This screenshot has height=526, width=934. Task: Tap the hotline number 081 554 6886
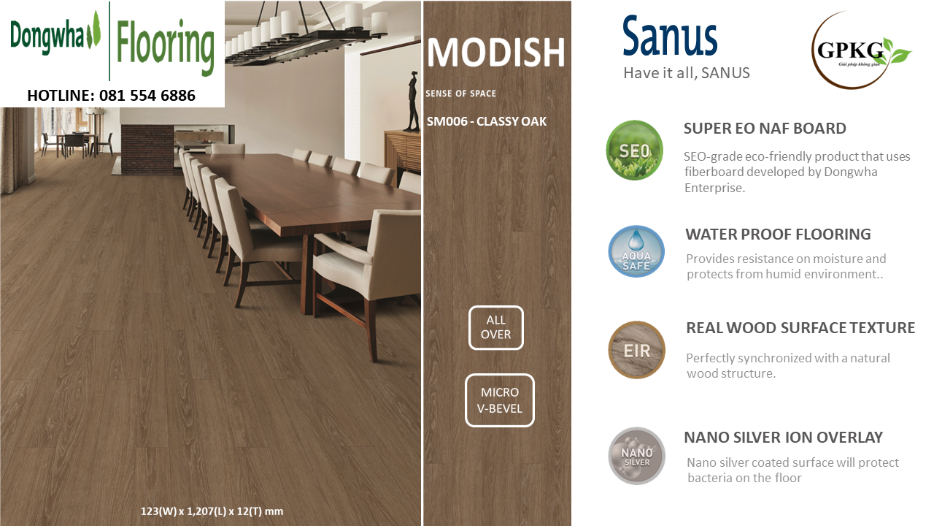point(147,96)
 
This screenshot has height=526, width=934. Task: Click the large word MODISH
point(495,53)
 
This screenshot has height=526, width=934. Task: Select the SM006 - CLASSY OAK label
point(486,121)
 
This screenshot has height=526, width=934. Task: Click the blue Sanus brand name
point(670,37)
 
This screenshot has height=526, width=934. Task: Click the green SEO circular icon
point(634,150)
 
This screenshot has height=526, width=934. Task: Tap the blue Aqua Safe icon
point(636,251)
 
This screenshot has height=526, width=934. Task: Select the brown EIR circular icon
point(636,350)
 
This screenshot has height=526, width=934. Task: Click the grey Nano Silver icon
point(636,456)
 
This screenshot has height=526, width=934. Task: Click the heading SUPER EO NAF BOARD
point(765,129)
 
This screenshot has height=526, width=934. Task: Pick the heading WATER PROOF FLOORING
point(778,235)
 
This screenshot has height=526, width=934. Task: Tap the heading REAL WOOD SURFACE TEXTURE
point(800,328)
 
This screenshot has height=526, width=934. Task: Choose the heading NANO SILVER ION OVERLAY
point(784,438)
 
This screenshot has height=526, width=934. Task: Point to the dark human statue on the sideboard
point(414,102)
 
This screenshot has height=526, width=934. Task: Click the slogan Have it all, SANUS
point(687,73)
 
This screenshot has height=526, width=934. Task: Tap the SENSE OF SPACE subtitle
point(460,94)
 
